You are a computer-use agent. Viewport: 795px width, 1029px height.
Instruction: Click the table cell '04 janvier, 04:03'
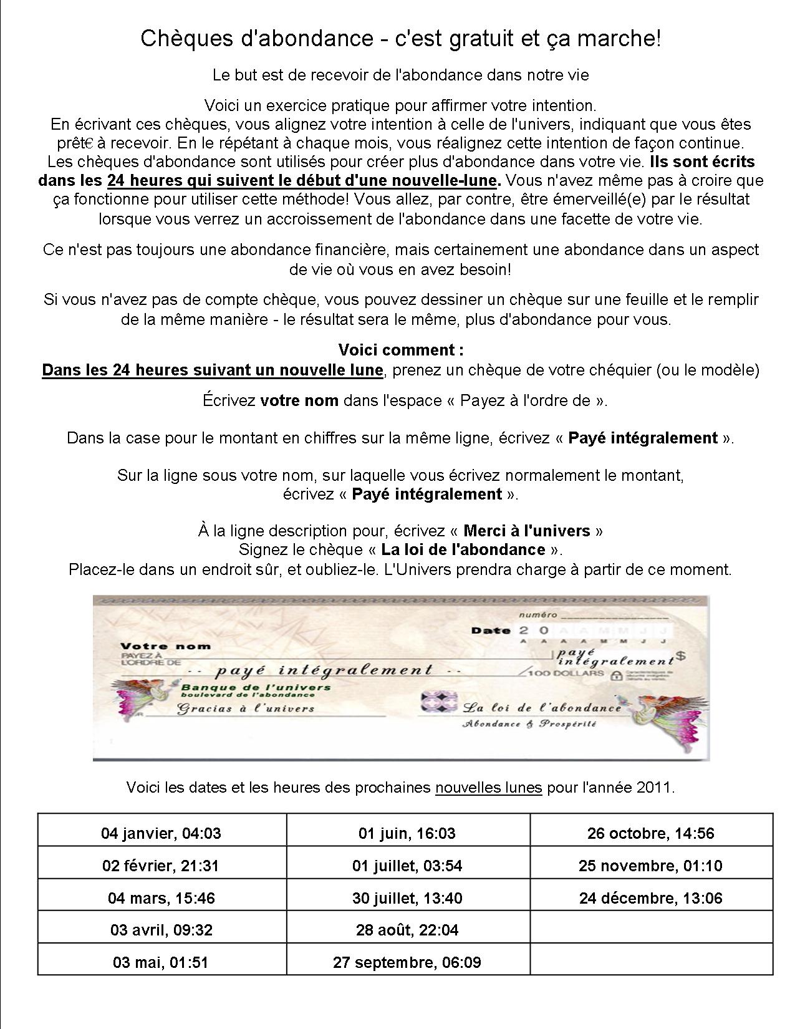click(x=161, y=833)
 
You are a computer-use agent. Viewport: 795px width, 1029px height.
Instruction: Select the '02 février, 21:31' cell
click(x=161, y=866)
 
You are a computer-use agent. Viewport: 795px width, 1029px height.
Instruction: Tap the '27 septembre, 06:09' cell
click(x=407, y=962)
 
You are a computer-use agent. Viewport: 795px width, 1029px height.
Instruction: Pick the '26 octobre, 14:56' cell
click(x=650, y=833)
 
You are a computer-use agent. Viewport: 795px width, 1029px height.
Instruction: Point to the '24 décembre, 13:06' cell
click(x=650, y=898)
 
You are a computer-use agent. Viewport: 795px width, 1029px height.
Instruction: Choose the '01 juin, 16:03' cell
click(x=407, y=833)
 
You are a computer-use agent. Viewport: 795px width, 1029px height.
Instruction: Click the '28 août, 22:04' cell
click(x=407, y=930)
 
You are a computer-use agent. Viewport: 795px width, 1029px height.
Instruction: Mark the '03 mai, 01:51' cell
click(x=161, y=962)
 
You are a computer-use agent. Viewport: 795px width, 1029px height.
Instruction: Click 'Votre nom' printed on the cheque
click(x=165, y=646)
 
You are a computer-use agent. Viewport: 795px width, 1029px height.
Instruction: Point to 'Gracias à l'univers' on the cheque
click(x=246, y=708)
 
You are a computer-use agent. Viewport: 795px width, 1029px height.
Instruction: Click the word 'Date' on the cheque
click(x=491, y=630)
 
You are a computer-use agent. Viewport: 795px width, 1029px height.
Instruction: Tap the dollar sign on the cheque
click(x=681, y=655)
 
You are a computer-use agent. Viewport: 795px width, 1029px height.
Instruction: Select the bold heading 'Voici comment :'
click(x=401, y=349)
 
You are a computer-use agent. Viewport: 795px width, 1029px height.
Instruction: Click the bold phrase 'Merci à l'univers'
click(x=527, y=531)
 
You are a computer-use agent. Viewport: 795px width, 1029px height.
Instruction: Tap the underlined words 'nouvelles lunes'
click(x=488, y=787)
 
